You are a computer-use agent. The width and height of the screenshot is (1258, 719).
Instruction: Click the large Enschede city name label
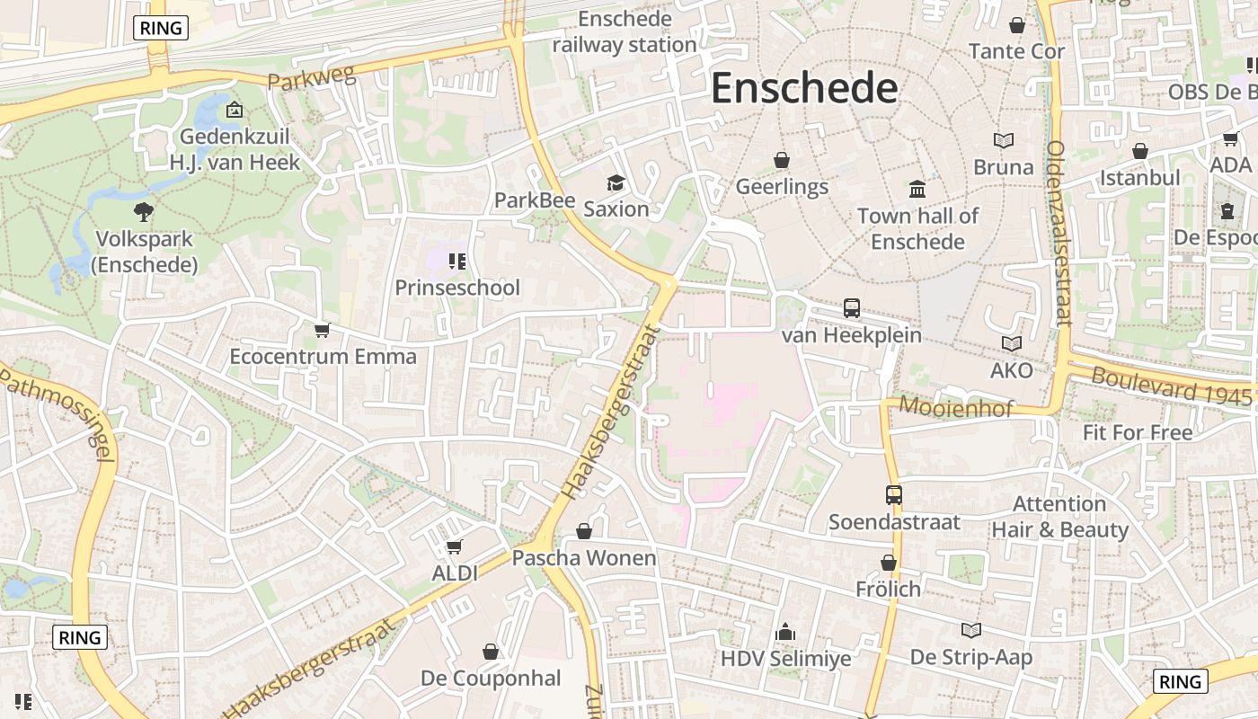click(804, 89)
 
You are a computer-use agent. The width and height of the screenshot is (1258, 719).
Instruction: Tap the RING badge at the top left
click(162, 28)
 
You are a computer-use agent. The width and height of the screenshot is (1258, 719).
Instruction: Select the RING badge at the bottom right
click(1180, 681)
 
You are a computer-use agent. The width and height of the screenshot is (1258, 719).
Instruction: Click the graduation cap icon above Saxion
click(616, 183)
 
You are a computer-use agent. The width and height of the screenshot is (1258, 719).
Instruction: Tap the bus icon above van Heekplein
click(852, 308)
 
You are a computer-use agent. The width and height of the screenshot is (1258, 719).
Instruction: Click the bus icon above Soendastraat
click(893, 494)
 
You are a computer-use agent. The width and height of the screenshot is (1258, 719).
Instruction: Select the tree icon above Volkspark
click(143, 212)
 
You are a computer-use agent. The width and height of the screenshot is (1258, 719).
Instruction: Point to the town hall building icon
click(917, 189)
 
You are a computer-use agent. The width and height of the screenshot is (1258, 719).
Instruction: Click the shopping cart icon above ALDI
click(455, 546)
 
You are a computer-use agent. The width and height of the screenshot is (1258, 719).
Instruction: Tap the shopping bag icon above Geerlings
click(782, 160)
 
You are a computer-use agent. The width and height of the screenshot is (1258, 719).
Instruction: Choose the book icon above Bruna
click(1004, 140)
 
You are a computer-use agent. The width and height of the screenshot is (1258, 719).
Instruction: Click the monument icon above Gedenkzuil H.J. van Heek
click(235, 110)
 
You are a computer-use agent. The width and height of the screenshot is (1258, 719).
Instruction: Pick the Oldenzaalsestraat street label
click(1059, 232)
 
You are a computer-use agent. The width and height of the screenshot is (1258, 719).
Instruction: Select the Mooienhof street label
click(955, 407)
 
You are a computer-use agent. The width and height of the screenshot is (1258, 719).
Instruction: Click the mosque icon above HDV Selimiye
click(785, 632)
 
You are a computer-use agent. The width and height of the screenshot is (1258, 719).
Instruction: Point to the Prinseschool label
click(457, 288)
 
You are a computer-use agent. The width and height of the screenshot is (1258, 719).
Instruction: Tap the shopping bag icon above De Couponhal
click(491, 651)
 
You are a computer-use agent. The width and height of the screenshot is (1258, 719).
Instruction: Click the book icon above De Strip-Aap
click(971, 630)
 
